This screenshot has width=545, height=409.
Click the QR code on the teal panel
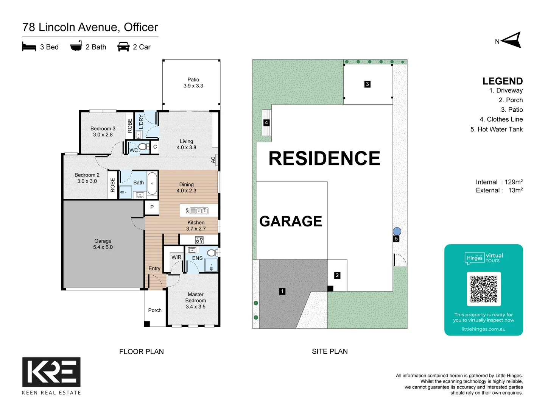(x=484, y=289)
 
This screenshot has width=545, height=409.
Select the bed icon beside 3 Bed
(x=29, y=47)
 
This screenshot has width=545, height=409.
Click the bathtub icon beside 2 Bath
(x=76, y=46)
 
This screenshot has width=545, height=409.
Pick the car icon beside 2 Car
(x=123, y=47)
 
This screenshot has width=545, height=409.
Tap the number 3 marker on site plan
(x=367, y=84)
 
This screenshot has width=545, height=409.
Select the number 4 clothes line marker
(x=266, y=123)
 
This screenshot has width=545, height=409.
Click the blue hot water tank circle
(x=397, y=231)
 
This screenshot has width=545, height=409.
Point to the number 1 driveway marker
(x=282, y=291)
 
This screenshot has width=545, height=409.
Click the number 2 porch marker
(x=337, y=275)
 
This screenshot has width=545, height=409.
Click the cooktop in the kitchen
(x=199, y=240)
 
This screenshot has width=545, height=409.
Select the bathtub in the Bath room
(x=152, y=183)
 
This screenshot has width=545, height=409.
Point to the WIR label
(x=176, y=257)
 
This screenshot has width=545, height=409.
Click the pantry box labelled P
(x=152, y=207)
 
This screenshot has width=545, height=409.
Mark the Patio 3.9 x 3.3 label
(x=193, y=83)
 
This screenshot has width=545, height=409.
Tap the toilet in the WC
(x=143, y=147)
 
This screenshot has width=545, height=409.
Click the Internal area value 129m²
(x=513, y=182)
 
